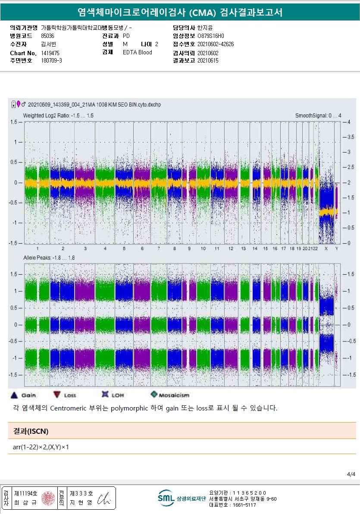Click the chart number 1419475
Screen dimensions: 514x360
[x=50, y=53]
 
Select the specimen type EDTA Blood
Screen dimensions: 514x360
[x=137, y=53]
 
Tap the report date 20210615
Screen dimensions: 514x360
[x=208, y=61]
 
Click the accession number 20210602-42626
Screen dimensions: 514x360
[x=216, y=44]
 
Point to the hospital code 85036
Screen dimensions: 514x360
[x=47, y=36]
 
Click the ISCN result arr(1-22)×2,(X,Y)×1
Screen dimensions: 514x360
[x=41, y=447]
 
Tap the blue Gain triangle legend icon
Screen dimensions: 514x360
[x=14, y=395]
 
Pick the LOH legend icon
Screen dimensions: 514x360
[x=104, y=394]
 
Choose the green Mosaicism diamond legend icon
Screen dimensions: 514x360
[x=154, y=395]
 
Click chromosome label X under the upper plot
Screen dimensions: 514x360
[x=326, y=249]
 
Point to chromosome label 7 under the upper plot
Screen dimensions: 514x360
[x=159, y=249]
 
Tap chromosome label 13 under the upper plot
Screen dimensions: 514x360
[x=244, y=249]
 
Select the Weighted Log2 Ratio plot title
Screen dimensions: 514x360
[x=58, y=116]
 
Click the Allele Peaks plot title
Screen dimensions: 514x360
[x=49, y=257]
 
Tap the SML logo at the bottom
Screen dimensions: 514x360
[x=166, y=498]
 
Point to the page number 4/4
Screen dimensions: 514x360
[x=351, y=474]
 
